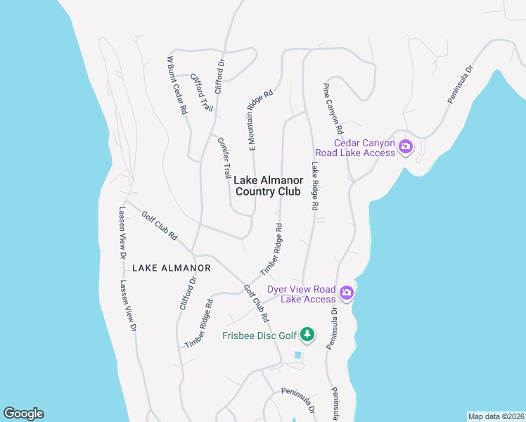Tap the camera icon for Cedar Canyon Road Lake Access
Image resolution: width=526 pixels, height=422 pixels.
(x=405, y=147)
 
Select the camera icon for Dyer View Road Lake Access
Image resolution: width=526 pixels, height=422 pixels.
(x=346, y=293)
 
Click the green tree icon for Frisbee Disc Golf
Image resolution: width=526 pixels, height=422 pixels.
(x=307, y=333)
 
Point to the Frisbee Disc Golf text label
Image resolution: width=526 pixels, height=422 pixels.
(x=260, y=335)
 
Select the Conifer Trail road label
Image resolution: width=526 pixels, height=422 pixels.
(x=224, y=157)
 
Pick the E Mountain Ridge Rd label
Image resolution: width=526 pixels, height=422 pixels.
(x=259, y=119)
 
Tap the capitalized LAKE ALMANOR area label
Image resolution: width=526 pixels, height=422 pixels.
(x=172, y=268)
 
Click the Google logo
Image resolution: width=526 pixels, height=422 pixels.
(x=23, y=414)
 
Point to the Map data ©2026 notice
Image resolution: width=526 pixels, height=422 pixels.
(x=496, y=416)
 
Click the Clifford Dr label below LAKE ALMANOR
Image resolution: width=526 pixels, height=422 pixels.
(x=188, y=294)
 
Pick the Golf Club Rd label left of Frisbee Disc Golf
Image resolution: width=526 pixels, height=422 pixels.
(x=256, y=303)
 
